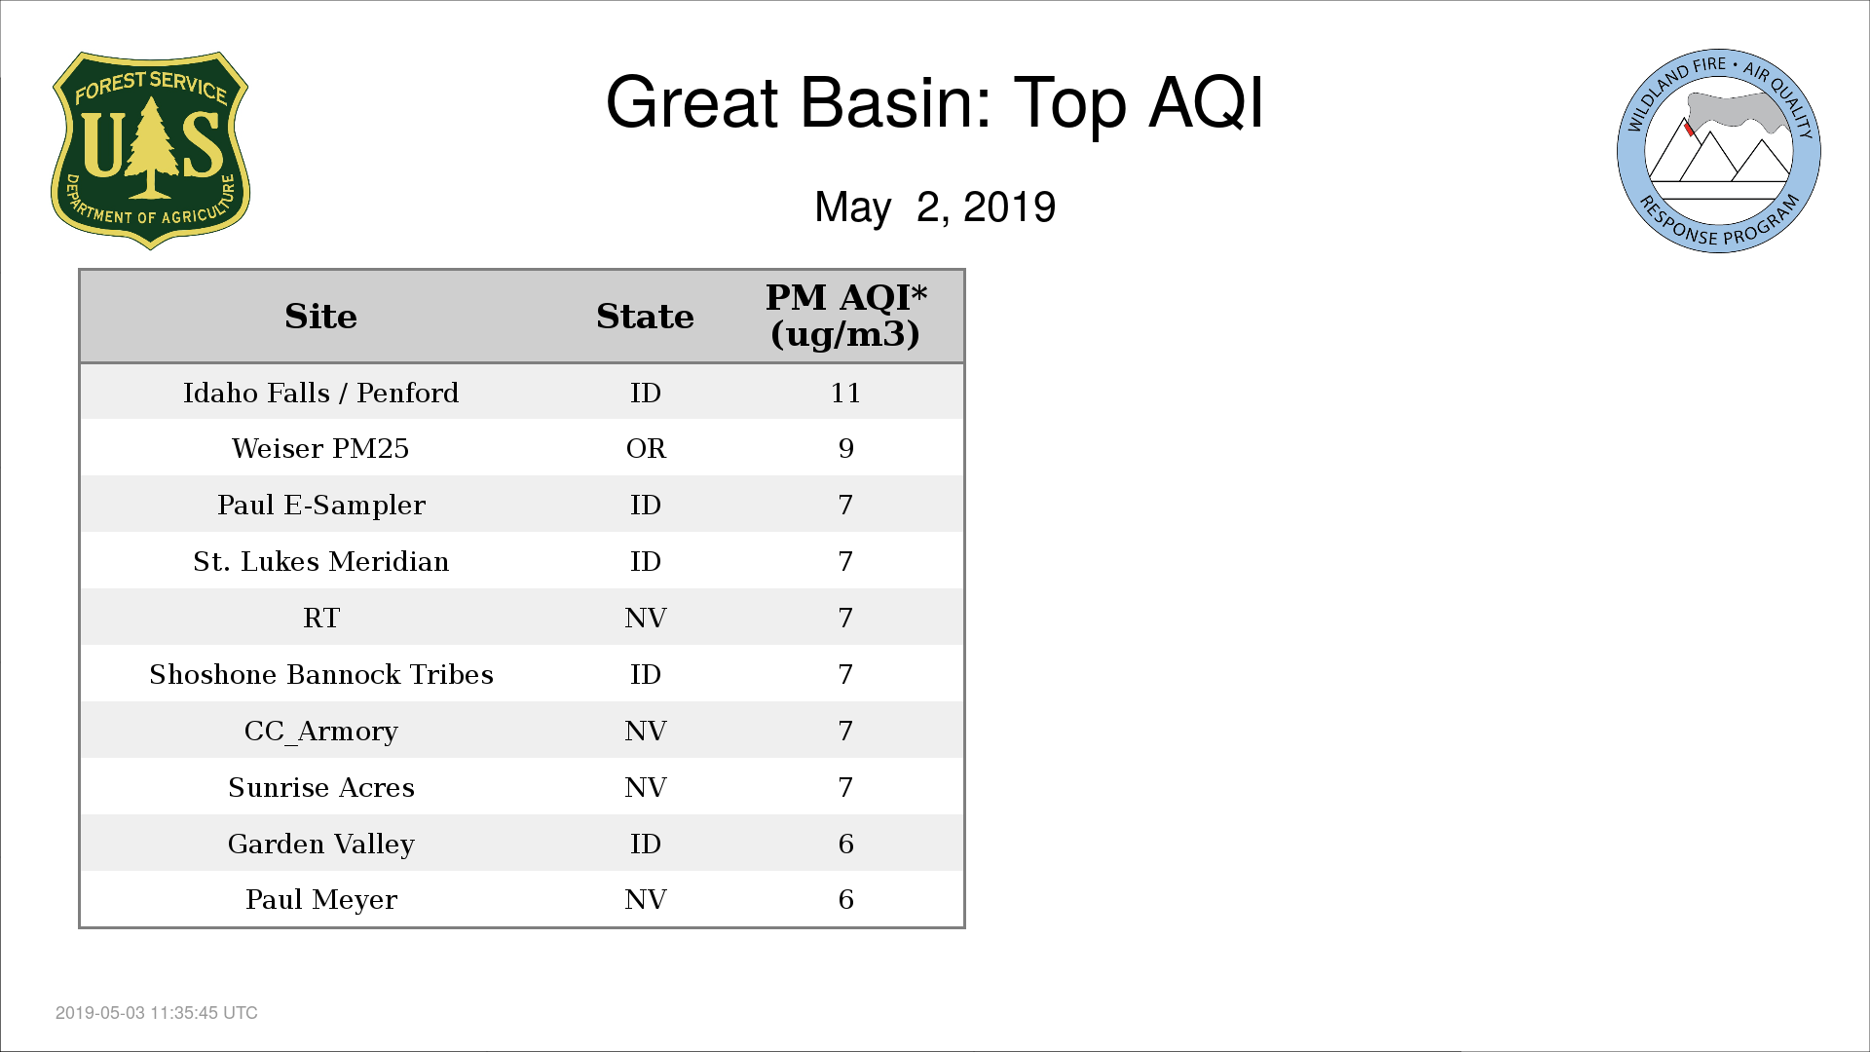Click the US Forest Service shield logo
(150, 151)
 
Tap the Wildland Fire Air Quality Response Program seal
(1719, 151)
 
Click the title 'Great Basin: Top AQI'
(934, 102)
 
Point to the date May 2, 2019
(935, 207)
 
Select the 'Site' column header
(321, 317)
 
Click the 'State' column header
(645, 317)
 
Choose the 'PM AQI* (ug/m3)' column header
(845, 316)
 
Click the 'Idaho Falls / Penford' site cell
(321, 393)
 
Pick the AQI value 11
(845, 393)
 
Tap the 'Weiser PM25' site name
(321, 448)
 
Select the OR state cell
(646, 448)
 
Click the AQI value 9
(845, 448)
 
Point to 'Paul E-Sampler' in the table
(321, 505)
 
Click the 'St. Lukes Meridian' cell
(321, 561)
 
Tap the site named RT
(321, 618)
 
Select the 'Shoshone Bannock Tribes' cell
(321, 674)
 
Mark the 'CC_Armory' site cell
(321, 731)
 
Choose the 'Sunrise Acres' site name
(321, 787)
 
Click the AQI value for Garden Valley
(845, 844)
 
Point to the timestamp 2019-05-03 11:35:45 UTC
(157, 1013)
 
